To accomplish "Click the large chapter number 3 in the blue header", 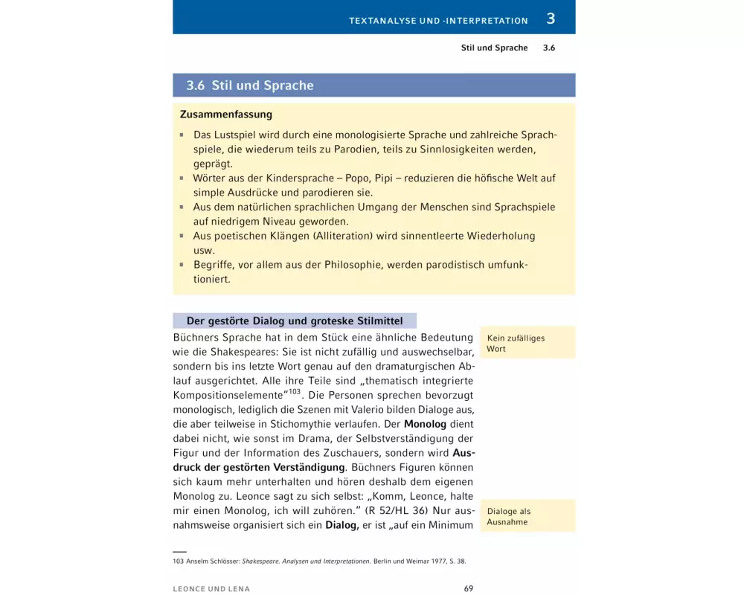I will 551,19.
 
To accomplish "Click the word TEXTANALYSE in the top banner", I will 382,21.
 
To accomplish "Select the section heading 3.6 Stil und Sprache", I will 250,86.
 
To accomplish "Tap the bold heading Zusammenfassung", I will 226,115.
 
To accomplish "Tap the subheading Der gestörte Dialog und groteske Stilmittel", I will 295,321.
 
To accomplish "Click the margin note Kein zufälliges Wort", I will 516,343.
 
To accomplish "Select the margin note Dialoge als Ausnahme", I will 509,516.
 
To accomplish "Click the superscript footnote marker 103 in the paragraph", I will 295,392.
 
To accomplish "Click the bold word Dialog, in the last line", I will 343,526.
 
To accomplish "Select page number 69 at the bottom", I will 469,588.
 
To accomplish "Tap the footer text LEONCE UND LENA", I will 211,589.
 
